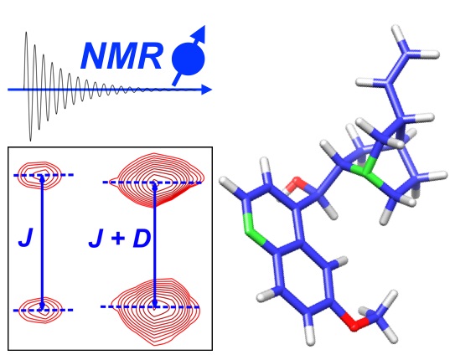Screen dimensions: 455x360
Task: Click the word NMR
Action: coord(121,56)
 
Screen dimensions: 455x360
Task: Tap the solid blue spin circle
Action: coord(189,59)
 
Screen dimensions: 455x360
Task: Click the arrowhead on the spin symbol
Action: coord(200,33)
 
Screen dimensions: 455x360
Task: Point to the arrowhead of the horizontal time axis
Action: coord(206,90)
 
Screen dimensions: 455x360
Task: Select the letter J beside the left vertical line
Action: coord(25,238)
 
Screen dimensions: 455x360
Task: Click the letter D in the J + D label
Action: coord(142,239)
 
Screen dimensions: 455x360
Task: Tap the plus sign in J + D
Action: coord(118,239)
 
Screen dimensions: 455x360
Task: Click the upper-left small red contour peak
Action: coord(39,175)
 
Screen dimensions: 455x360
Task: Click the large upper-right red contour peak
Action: coord(160,180)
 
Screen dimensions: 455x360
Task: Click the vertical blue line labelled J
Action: coord(43,242)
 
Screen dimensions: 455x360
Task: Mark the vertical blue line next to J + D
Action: coord(155,244)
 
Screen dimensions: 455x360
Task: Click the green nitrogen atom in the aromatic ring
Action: coord(252,229)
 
